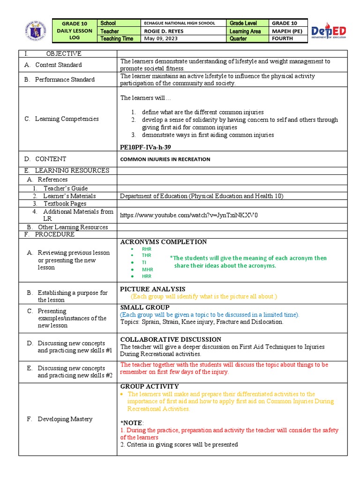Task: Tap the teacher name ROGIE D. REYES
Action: coord(164,31)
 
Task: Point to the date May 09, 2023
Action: coord(160,38)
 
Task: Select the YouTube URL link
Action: coord(189,216)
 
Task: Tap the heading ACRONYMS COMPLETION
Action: coord(164,242)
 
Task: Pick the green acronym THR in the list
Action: coord(147,255)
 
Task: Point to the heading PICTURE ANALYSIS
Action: coord(153,289)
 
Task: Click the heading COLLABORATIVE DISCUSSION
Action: coord(171,339)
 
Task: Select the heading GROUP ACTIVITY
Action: coord(150,386)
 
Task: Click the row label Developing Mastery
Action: coord(65,419)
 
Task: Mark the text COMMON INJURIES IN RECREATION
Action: coord(165,159)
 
